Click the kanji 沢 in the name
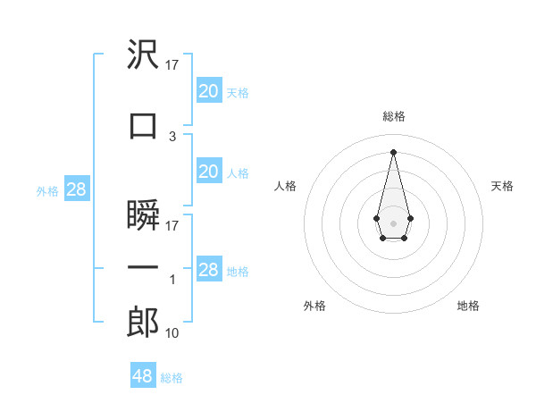(x=144, y=55)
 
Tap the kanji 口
(x=144, y=125)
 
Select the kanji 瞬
(x=144, y=215)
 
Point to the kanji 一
(x=144, y=268)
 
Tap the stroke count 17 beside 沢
(x=172, y=65)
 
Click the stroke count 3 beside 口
(x=172, y=136)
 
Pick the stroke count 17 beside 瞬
(x=172, y=225)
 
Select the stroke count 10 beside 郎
(x=172, y=332)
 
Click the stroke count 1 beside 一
(x=172, y=280)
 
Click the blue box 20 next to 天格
(x=208, y=91)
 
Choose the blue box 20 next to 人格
(x=208, y=172)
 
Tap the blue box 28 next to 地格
(x=208, y=270)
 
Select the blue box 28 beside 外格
(x=76, y=189)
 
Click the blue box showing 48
(x=143, y=376)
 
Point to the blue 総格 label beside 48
(x=172, y=378)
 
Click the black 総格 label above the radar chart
(x=393, y=116)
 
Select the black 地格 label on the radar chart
(x=468, y=306)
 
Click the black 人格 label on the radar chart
(x=285, y=186)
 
